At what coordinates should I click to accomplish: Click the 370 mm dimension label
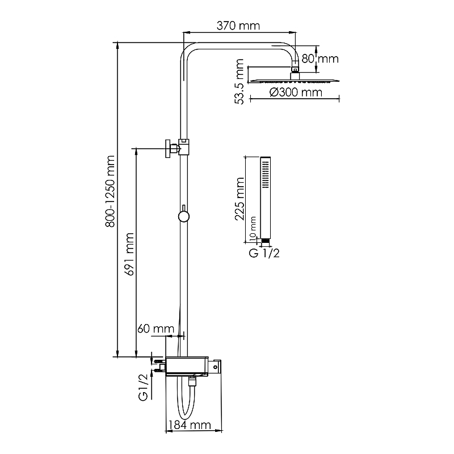coord(238,26)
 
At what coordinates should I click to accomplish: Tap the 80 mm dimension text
coord(320,59)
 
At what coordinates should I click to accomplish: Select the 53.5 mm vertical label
coord(239,81)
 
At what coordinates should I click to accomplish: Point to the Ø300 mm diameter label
coord(296,93)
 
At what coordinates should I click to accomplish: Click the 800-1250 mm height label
coord(110,191)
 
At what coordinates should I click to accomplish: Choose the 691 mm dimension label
coord(129,254)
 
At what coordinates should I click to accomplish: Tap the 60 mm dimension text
coord(155,329)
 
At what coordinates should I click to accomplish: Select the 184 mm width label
coord(190,425)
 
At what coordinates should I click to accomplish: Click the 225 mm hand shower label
coord(239,199)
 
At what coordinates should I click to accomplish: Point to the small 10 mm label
coord(253,228)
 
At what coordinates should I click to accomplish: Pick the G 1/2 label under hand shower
coord(264,253)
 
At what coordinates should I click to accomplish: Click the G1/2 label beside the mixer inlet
coord(144,388)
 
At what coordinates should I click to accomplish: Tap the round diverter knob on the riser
coord(183,216)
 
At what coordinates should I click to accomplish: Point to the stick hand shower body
coord(266,197)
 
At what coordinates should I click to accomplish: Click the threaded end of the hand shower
coord(266,241)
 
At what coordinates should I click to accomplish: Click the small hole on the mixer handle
coord(216,367)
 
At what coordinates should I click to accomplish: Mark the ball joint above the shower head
coord(295,69)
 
